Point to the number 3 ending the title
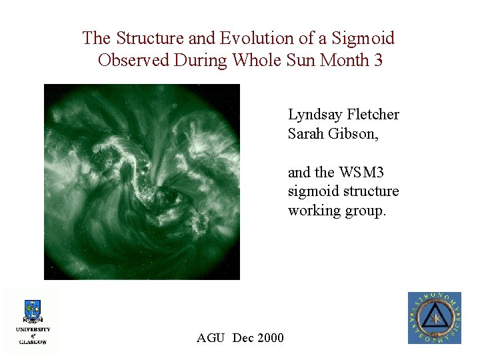point(379,60)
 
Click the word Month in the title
point(344,60)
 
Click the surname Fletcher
point(375,115)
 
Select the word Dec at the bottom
point(242,338)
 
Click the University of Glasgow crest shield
point(33,311)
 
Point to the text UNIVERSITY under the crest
point(33,329)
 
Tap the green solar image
point(141,181)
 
